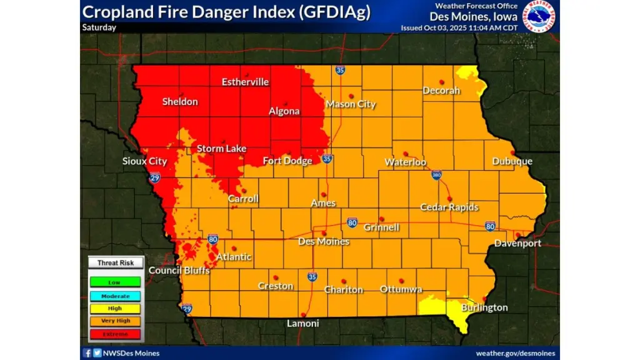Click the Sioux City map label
pyautogui.click(x=144, y=161)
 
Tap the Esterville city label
pyautogui.click(x=245, y=82)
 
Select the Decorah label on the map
pyautogui.click(x=441, y=91)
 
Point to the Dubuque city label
pyautogui.click(x=512, y=161)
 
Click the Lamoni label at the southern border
pyautogui.click(x=302, y=323)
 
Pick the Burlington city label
pyautogui.click(x=484, y=307)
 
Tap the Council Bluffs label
pyautogui.click(x=179, y=271)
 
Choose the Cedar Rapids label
pyautogui.click(x=449, y=207)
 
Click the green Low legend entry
pyautogui.click(x=114, y=282)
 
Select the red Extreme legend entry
pyautogui.click(x=114, y=334)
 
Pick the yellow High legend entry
pyautogui.click(x=114, y=308)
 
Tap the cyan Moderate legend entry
pyautogui.click(x=114, y=296)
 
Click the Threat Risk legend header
pyautogui.click(x=114, y=263)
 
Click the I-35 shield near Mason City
pyautogui.click(x=340, y=71)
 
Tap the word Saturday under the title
pyautogui.click(x=99, y=27)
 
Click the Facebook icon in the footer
pyautogui.click(x=87, y=353)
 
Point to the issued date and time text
pyautogui.click(x=459, y=28)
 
